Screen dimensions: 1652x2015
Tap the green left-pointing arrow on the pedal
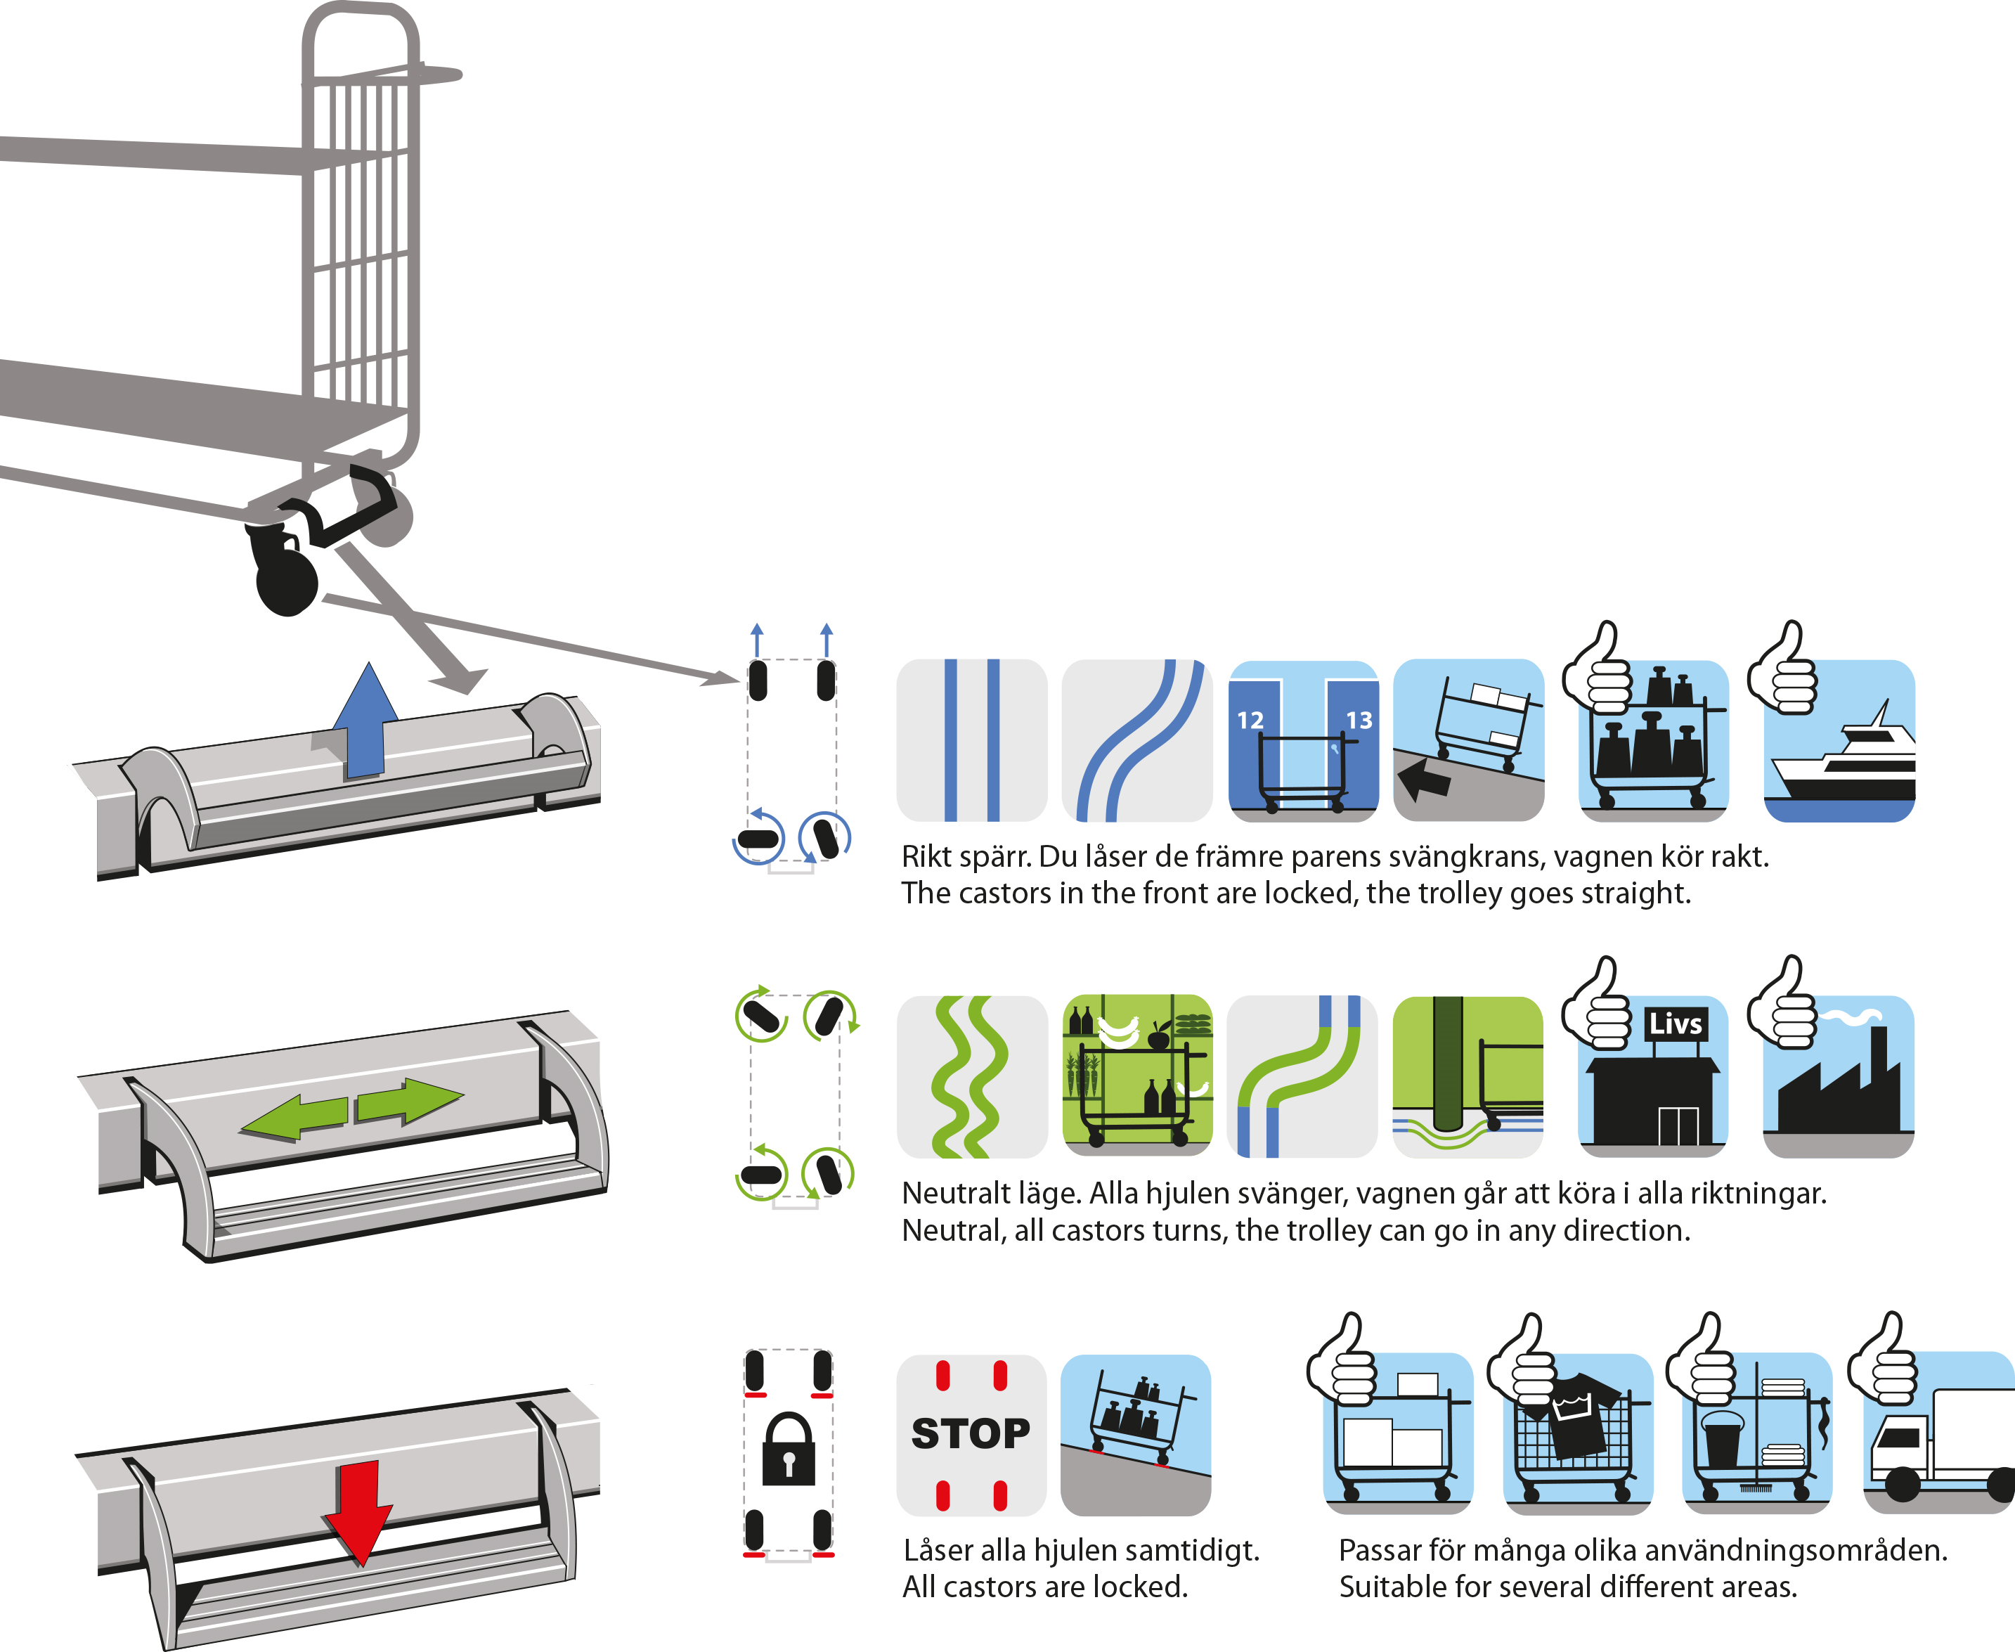pos(295,1116)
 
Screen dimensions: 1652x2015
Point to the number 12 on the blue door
pos(1250,721)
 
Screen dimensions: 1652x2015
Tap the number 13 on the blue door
pos(1359,721)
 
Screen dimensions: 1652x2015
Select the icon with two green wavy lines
pos(971,1076)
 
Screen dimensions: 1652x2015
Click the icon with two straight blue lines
pos(971,740)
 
